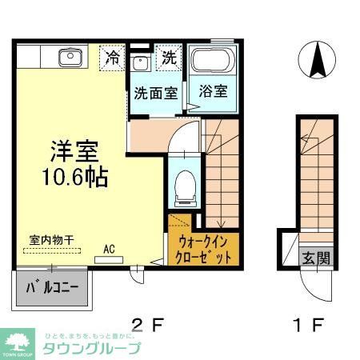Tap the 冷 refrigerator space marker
click(x=114, y=58)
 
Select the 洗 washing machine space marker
click(x=169, y=58)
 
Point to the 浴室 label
click(x=214, y=91)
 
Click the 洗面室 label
click(x=156, y=92)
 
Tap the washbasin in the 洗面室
click(x=139, y=62)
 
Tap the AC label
click(x=109, y=249)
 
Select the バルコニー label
click(x=52, y=286)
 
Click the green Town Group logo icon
click(x=18, y=342)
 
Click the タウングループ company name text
click(x=90, y=348)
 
